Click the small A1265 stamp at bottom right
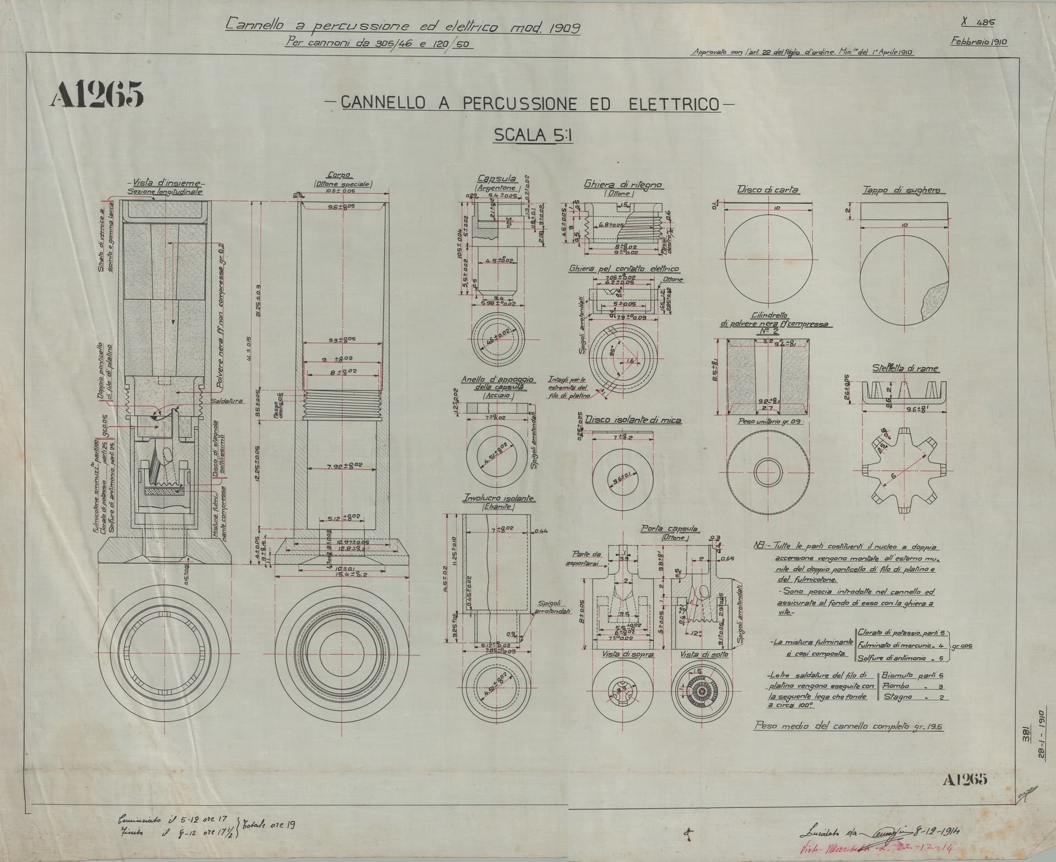(965, 779)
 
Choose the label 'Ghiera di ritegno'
(623, 185)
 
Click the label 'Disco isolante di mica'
(633, 421)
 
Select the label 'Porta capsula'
(669, 528)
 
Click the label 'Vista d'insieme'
(165, 183)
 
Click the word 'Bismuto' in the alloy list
(898, 675)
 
